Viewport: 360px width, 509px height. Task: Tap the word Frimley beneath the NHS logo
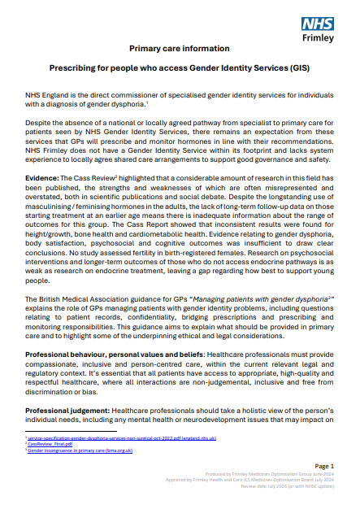[314, 37]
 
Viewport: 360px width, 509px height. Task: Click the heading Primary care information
[179, 49]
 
